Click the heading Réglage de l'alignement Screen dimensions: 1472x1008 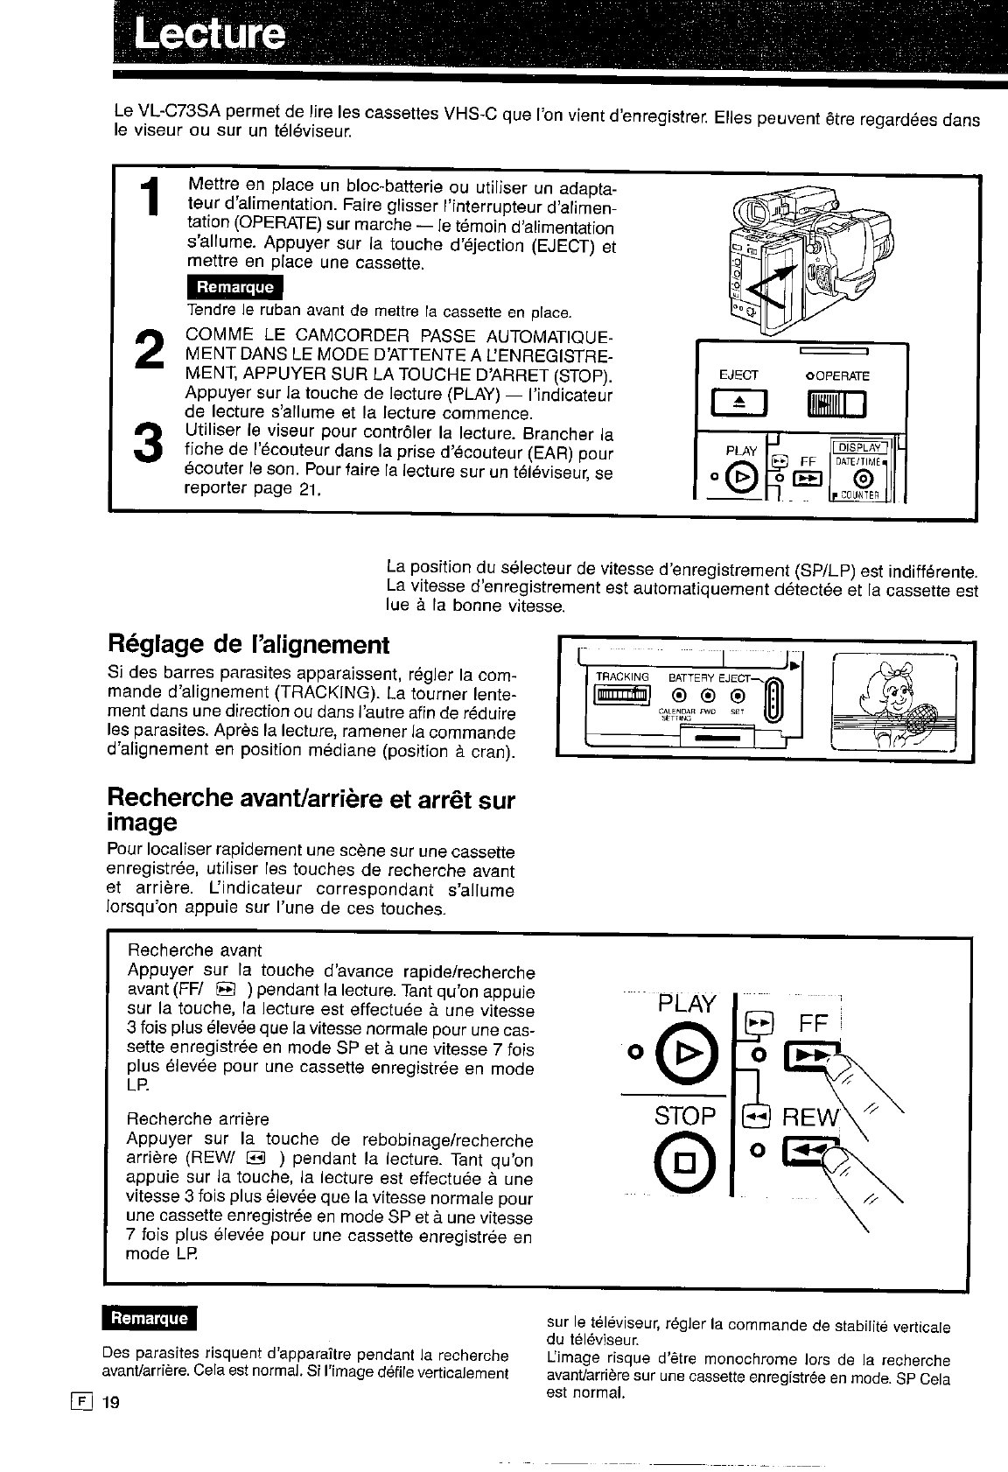248,646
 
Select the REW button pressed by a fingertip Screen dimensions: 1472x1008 805,1158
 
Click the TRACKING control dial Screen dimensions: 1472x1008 622,696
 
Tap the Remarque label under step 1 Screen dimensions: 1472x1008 234,287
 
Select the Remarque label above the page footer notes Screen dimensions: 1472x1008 150,1319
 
